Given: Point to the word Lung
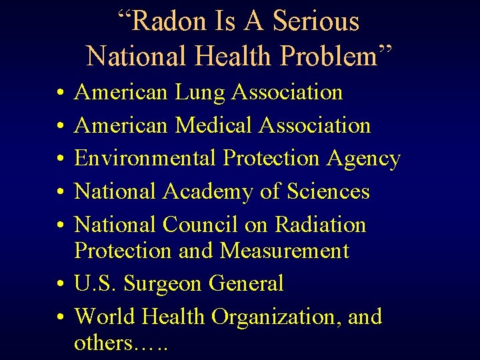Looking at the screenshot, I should click(200, 92).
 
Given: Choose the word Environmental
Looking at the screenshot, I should click(145, 158).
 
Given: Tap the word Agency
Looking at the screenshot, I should click(363, 159).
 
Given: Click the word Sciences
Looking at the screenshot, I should click(328, 192).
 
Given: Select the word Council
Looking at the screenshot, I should click(201, 225).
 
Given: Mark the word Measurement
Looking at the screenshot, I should click(285, 251).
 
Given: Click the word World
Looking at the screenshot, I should click(105, 317).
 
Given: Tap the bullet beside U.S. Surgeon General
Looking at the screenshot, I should click(60, 285).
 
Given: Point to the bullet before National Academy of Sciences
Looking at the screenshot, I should click(60, 193).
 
